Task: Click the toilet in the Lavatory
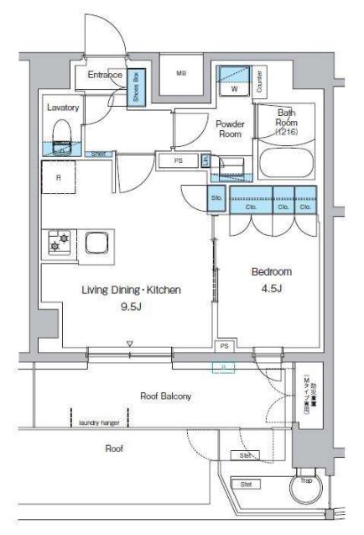pos(61,134)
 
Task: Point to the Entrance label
pos(107,76)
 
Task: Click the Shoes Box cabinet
pos(138,86)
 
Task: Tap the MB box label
pos(180,74)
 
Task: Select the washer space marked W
pos(234,87)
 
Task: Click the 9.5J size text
pos(130,307)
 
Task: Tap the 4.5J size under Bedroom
pos(270,290)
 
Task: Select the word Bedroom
pos(270,273)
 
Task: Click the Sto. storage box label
pos(216,198)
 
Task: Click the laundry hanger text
pos(100,423)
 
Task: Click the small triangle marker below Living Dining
pos(130,344)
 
